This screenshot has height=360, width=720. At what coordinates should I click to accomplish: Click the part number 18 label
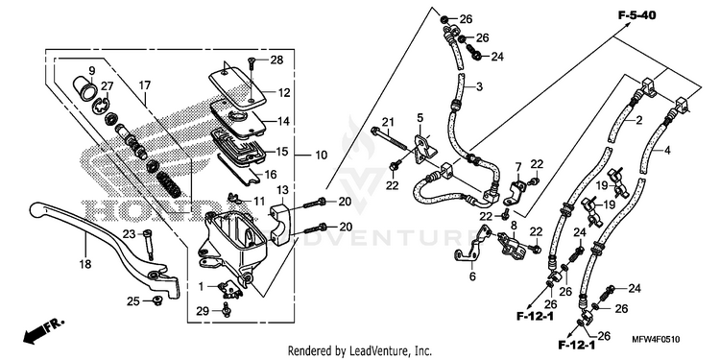tap(85, 264)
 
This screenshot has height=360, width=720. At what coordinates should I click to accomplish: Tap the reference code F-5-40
tap(636, 15)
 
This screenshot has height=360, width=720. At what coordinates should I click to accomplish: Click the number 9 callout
tap(91, 70)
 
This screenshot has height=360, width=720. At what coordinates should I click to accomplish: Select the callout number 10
tap(321, 156)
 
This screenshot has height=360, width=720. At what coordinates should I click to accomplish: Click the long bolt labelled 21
tap(390, 138)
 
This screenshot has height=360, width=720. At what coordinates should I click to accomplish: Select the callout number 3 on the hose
tap(479, 86)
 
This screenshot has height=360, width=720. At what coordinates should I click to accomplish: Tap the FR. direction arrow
tap(43, 331)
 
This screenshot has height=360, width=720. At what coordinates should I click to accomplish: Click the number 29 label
tap(203, 311)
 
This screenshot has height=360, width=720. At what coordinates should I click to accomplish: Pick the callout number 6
tap(472, 276)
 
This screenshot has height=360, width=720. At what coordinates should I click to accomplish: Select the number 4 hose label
tap(667, 150)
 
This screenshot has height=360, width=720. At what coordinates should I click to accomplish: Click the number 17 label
tap(145, 84)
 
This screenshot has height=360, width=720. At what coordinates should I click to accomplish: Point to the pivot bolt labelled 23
tap(149, 244)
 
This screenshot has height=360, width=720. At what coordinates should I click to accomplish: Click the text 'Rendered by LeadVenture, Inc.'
tap(360, 351)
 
